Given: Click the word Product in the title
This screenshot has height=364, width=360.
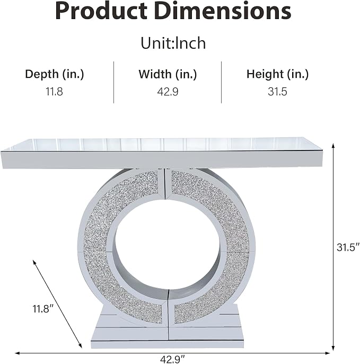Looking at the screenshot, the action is (x=101, y=11).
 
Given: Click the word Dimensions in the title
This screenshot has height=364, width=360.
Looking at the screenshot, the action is (x=223, y=11).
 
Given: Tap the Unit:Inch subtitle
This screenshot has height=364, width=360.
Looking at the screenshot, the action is (x=173, y=43).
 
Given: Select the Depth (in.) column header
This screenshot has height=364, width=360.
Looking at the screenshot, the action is (x=55, y=74).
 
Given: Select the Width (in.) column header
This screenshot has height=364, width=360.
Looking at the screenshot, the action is (x=168, y=74).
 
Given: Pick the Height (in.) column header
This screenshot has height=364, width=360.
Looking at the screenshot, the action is (x=277, y=74).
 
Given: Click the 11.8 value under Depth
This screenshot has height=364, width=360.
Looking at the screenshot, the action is (x=54, y=92).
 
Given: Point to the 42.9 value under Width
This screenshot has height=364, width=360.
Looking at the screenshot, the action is (x=168, y=92).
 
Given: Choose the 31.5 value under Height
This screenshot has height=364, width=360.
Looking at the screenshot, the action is (x=277, y=92).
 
